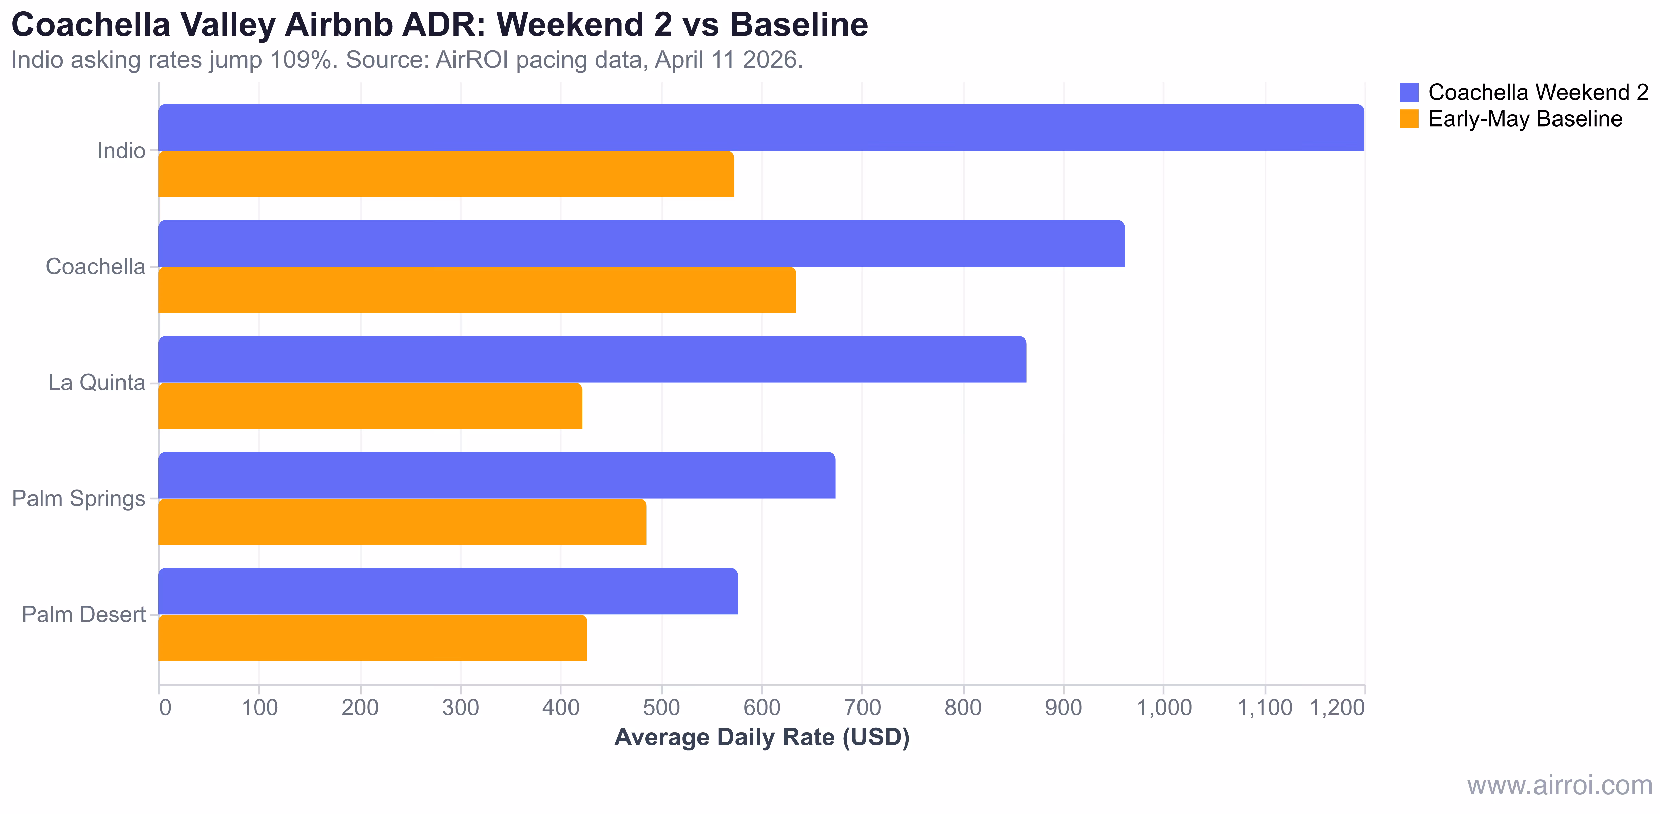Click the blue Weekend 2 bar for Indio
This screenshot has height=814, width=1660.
[x=760, y=128]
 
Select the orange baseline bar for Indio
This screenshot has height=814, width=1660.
[x=446, y=174]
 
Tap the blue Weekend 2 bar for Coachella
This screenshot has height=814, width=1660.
[x=641, y=244]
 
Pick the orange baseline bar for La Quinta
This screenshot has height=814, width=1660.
[x=370, y=406]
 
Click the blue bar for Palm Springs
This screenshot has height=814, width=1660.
[x=496, y=476]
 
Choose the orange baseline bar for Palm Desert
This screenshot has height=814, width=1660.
[x=372, y=638]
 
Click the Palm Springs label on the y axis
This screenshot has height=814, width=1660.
[x=79, y=499]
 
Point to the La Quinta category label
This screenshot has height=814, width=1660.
[x=97, y=383]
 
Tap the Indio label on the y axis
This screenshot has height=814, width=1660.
[x=121, y=151]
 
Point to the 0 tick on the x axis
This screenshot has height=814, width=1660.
[x=165, y=708]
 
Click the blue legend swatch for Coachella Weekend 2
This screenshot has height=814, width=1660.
[x=1409, y=92]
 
